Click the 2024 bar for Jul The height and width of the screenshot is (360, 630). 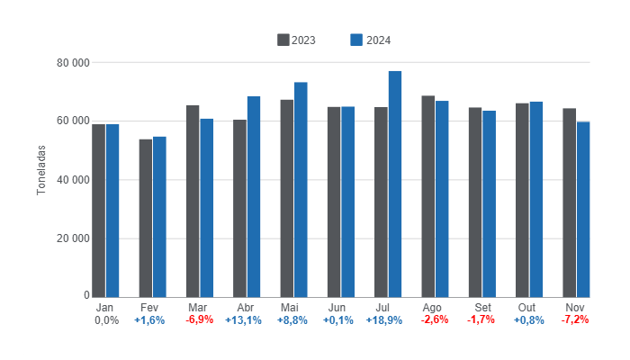click(395, 184)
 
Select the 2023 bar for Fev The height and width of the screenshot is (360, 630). click(146, 218)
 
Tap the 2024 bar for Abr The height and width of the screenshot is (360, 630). click(254, 196)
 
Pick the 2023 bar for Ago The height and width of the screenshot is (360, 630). click(428, 196)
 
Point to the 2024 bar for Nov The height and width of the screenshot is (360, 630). click(583, 209)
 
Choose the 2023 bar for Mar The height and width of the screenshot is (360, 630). click(193, 201)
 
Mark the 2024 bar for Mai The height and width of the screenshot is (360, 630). click(301, 189)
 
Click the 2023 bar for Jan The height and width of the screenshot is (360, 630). click(99, 211)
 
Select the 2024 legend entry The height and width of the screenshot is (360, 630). click(372, 40)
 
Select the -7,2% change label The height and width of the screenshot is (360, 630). click(575, 319)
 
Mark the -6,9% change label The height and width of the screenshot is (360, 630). click(199, 319)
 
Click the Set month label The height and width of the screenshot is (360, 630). click(481, 307)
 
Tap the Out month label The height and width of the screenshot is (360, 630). click(528, 307)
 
